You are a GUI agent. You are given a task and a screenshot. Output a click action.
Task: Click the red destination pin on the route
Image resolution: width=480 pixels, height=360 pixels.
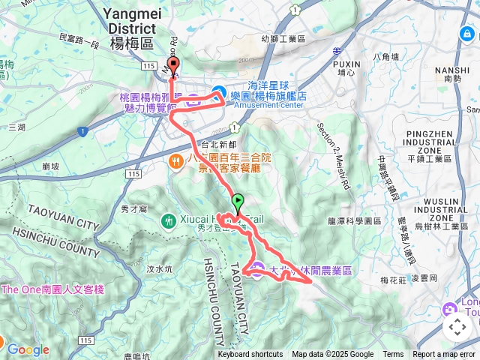click(x=172, y=66)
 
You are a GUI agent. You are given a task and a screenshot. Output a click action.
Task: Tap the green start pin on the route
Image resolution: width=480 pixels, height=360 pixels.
click(x=238, y=201)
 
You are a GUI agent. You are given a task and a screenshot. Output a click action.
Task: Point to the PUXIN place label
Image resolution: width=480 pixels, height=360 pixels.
click(x=346, y=64)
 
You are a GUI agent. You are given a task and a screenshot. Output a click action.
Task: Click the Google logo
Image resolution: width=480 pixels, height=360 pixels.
click(x=28, y=349)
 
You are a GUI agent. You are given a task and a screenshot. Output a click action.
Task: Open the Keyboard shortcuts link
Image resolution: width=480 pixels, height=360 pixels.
click(x=250, y=355)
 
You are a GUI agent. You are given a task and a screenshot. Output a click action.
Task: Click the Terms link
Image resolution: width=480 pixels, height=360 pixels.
click(x=393, y=355)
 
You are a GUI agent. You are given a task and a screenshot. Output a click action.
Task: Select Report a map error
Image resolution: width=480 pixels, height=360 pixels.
click(x=445, y=355)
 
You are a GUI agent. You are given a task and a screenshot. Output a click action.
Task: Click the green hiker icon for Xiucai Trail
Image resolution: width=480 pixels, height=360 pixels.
click(x=168, y=220)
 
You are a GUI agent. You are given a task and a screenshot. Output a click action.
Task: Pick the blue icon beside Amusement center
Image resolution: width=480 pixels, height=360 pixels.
click(x=218, y=92)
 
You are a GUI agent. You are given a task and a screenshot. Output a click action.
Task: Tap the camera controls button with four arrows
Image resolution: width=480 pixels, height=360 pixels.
click(x=457, y=327)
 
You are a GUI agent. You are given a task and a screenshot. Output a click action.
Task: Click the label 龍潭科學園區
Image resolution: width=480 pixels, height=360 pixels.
click(x=355, y=221)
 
